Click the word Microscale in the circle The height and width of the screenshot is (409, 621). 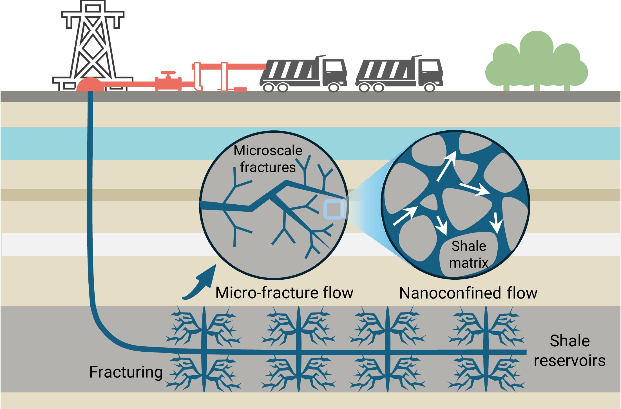pos(268,150)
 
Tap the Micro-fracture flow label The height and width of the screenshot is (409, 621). pos(284,293)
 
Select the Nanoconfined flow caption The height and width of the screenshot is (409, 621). pos(468,293)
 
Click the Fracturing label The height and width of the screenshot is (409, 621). pos(126,372)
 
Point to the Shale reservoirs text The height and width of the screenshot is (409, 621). pos(569,351)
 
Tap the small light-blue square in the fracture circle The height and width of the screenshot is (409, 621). pos(334,209)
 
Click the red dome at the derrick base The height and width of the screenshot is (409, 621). pos(90,85)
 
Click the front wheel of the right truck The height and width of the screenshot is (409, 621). pos(429,87)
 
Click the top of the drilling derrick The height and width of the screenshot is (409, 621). pos(93,7)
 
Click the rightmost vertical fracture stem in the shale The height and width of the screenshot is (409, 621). pos(486,349)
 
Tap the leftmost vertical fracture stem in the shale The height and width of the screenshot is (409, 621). pos(204,349)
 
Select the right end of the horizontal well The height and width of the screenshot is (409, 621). pos(525,352)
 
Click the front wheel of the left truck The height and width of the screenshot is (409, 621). pos(334,87)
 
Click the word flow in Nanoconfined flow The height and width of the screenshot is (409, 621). pos(522,293)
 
